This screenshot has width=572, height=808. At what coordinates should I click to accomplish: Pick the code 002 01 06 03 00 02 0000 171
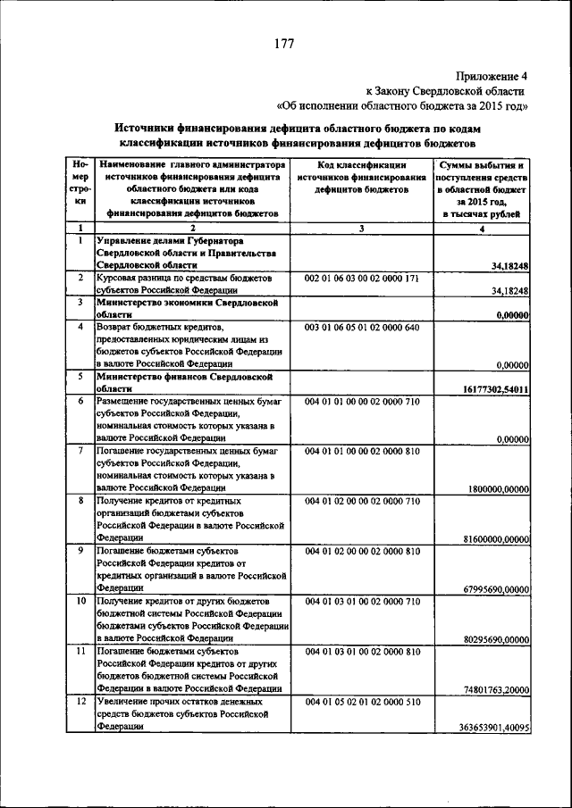tap(362, 279)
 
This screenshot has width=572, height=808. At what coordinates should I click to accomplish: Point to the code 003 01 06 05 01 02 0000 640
tap(362, 329)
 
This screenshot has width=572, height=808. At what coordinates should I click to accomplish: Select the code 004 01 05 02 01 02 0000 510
tap(362, 703)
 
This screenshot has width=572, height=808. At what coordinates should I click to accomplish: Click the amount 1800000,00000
tap(499, 488)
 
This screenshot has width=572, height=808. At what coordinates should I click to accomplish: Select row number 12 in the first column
tap(80, 703)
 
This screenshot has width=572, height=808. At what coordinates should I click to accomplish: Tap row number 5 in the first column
tap(80, 377)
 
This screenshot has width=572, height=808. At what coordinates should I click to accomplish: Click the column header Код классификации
tap(362, 165)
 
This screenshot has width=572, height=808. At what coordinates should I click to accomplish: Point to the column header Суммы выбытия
tap(483, 166)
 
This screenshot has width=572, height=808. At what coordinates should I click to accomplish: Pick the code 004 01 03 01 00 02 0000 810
tap(362, 653)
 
